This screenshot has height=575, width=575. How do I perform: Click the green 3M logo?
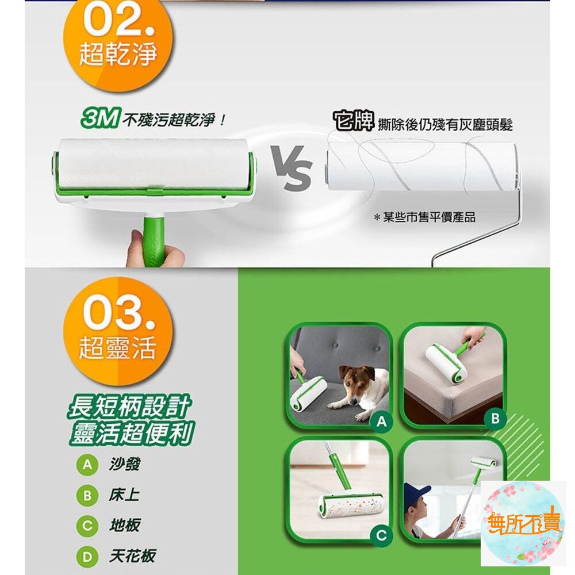[x=99, y=118]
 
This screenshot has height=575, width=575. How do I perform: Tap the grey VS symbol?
[x=292, y=168]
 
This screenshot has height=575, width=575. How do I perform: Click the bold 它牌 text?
[x=354, y=121]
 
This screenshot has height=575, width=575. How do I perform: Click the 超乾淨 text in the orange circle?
[x=118, y=54]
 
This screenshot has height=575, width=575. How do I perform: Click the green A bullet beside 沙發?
[x=87, y=465]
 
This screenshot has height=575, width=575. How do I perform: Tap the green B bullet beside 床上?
[x=87, y=496]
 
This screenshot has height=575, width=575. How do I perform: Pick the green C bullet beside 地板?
[x=87, y=526]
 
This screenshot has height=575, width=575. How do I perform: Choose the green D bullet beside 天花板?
[x=87, y=557]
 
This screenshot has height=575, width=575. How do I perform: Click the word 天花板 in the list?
[x=132, y=556]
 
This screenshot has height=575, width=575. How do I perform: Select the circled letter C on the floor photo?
[x=381, y=535]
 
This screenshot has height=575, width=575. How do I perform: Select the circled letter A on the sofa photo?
[x=381, y=421]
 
